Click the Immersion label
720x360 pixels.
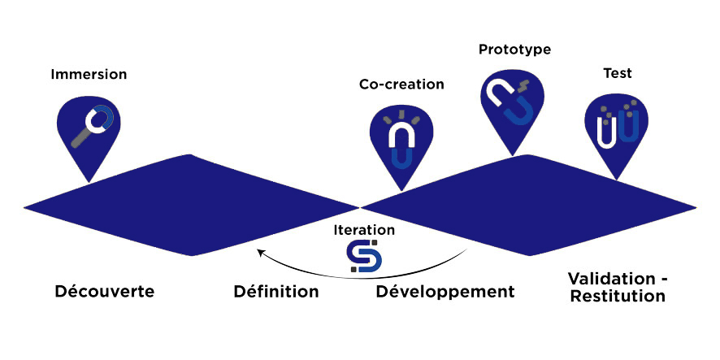click(89, 75)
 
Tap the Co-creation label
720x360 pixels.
click(401, 85)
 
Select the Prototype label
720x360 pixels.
click(514, 50)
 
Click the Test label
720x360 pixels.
click(617, 73)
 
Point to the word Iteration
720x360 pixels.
click(364, 230)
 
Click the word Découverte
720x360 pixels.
click(105, 291)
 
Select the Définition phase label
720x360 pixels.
click(275, 291)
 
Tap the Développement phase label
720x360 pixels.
click(445, 291)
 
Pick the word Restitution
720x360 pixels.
click(618, 297)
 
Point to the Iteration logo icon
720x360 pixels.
click(364, 255)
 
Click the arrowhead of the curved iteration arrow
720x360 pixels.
click(260, 253)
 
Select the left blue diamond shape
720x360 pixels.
click(191, 205)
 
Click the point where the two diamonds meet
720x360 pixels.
click(359, 206)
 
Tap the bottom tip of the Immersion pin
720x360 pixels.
click(89, 180)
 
